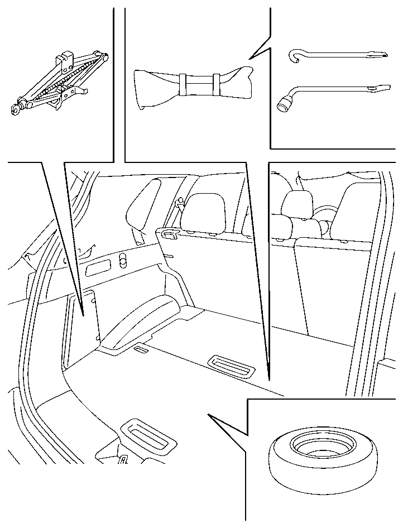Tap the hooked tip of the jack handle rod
[294, 55]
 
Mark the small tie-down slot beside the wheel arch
[141, 349]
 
